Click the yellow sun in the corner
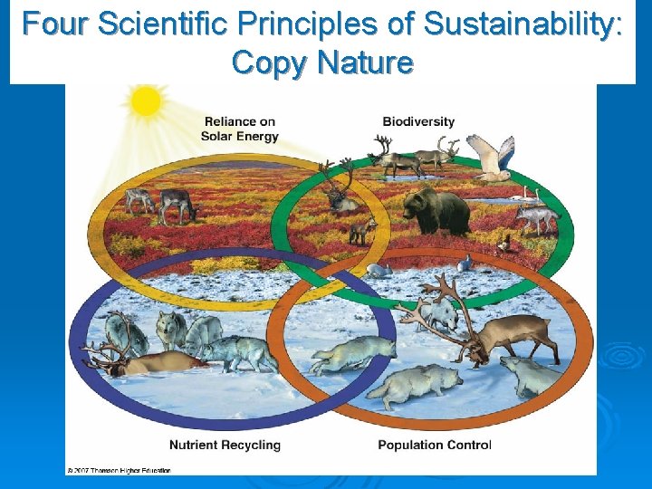[x=145, y=102]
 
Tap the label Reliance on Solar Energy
[x=240, y=129]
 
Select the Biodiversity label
[x=418, y=121]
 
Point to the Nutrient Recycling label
[x=225, y=445]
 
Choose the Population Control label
[x=434, y=445]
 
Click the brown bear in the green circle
[x=436, y=211]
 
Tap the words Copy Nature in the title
[x=322, y=62]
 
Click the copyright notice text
[x=118, y=470]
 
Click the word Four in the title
[x=56, y=24]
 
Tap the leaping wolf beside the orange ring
[x=353, y=352]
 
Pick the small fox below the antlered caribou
[x=362, y=231]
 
